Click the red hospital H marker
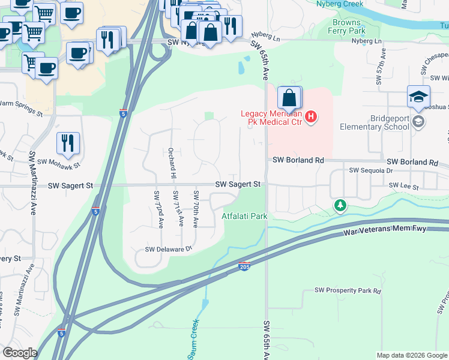coord(310,116)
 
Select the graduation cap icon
coord(418,96)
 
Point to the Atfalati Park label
coord(244,215)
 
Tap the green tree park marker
coord(340,206)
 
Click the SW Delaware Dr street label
coord(168,249)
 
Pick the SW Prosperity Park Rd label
coord(348,291)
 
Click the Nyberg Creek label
coord(340,4)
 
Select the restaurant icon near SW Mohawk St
coord(67,143)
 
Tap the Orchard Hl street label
coord(172,160)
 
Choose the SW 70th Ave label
coord(196,208)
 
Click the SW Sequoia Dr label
coord(370,171)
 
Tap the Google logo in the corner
coord(19,353)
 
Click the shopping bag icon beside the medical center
coord(289,98)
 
